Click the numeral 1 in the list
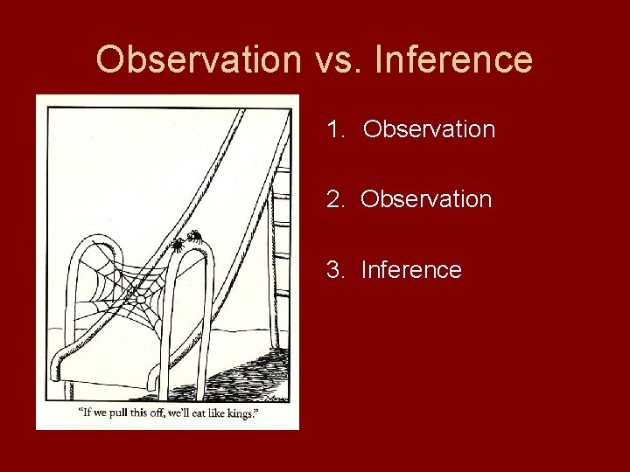333,129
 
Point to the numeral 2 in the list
333,199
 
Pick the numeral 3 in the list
333,269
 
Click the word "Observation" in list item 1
429,129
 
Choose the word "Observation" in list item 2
426,199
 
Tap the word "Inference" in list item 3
410,269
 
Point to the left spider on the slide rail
178,244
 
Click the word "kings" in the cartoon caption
239,413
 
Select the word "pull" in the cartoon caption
117,413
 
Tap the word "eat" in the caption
195,413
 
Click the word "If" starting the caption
85,413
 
